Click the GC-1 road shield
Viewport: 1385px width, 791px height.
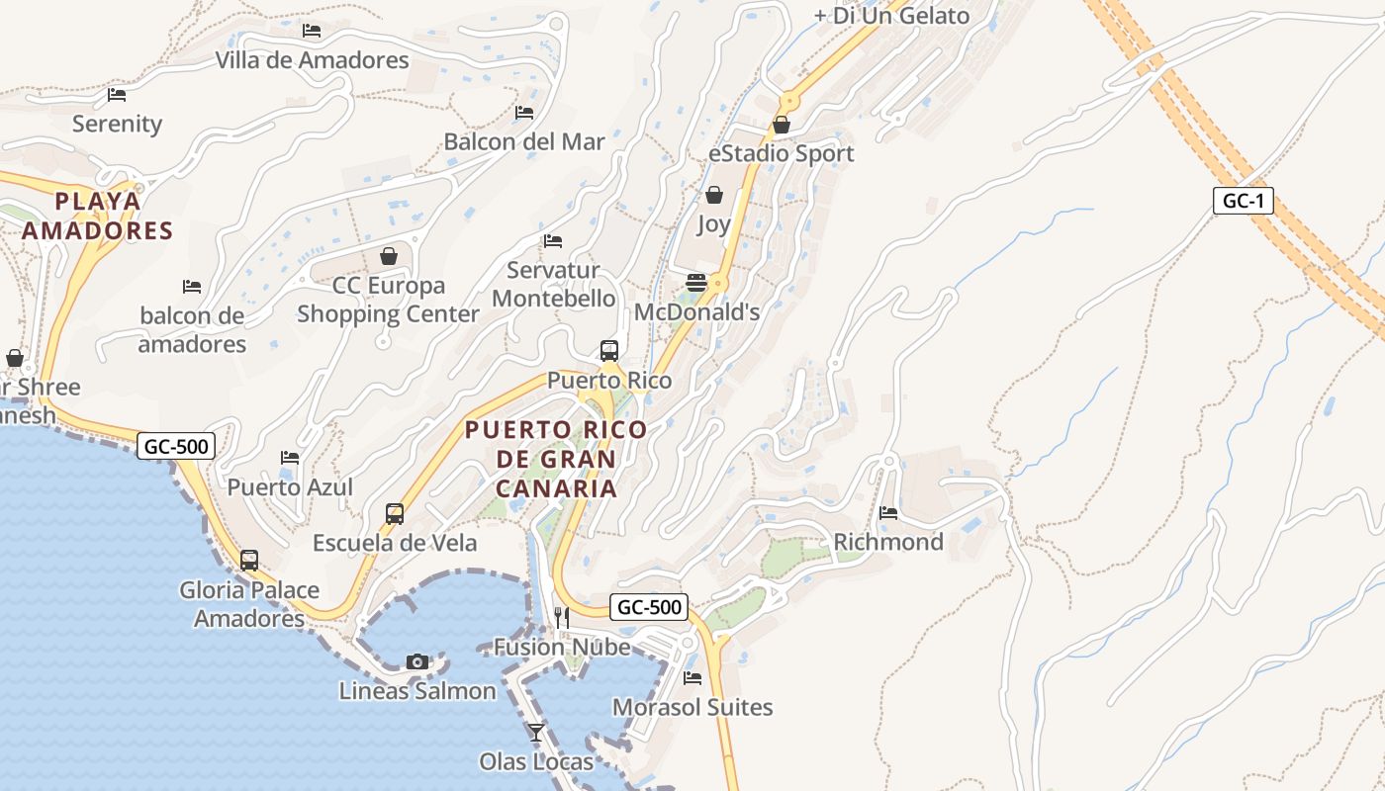1243,201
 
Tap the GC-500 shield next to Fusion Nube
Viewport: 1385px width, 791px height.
648,607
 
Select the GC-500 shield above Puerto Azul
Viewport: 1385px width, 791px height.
176,446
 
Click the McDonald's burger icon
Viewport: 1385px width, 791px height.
696,283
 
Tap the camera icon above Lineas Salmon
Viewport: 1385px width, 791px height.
417,661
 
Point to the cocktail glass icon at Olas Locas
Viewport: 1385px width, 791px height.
536,732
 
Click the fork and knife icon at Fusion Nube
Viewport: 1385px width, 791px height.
561,618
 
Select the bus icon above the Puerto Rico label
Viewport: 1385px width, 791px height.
609,351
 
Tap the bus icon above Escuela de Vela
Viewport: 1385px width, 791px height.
395,514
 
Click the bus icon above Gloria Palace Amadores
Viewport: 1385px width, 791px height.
249,561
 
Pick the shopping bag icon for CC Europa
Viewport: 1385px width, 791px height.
389,256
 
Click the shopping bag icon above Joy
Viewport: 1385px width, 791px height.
713,195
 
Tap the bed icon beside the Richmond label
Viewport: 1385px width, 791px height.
888,513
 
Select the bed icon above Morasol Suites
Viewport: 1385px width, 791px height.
692,678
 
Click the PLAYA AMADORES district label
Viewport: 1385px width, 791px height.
98,216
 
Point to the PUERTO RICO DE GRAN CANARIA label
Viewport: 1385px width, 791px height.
556,459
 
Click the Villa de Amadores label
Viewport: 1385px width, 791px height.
312,60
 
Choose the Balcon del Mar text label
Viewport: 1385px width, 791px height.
523,141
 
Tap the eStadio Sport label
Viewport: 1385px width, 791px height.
781,153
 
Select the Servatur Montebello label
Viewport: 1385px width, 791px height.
553,284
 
